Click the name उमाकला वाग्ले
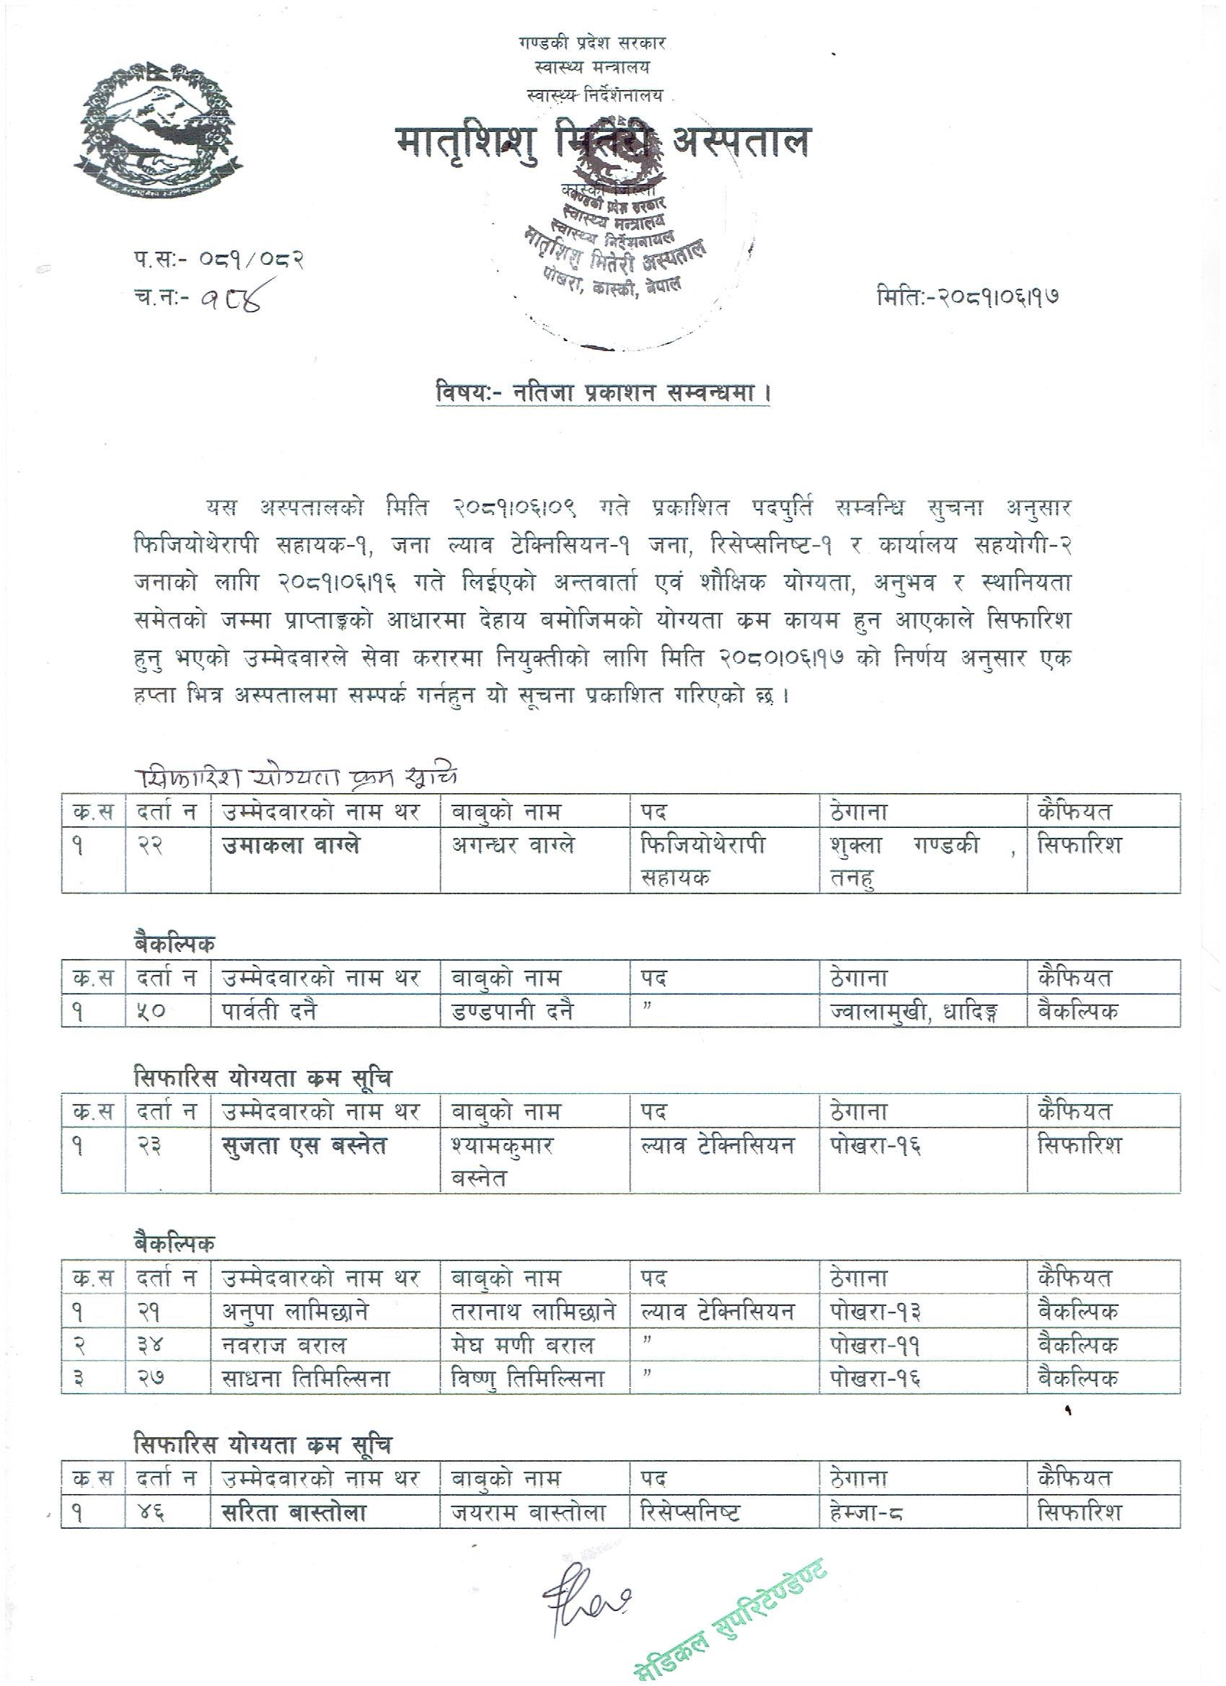point(291,847)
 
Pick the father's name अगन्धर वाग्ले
point(513,847)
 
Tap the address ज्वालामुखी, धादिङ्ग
point(914,1011)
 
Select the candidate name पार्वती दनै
point(270,1011)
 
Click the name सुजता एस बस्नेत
point(305,1147)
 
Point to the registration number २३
point(151,1147)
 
